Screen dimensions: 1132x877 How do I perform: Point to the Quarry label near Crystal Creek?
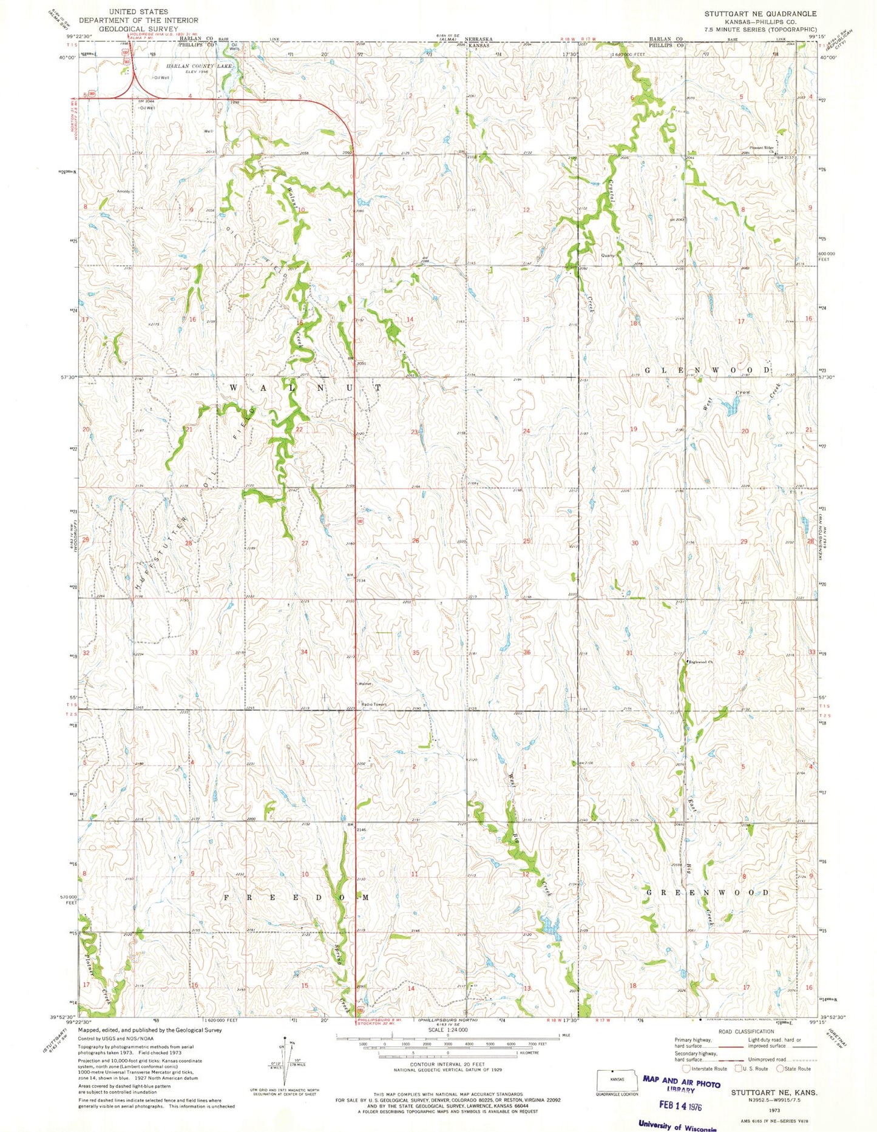coord(608,255)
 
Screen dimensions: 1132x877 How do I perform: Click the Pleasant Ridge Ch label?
coord(762,148)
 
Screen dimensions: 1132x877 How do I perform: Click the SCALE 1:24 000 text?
coord(447,1030)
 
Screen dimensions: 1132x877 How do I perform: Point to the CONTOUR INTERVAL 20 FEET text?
coord(447,1065)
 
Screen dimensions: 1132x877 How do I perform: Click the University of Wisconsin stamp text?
coord(677,1126)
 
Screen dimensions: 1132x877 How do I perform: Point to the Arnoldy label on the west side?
coord(124,192)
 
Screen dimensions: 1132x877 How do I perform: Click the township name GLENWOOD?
coord(708,369)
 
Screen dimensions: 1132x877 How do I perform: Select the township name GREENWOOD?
coord(707,892)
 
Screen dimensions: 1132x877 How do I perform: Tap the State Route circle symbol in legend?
coord(780,1069)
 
